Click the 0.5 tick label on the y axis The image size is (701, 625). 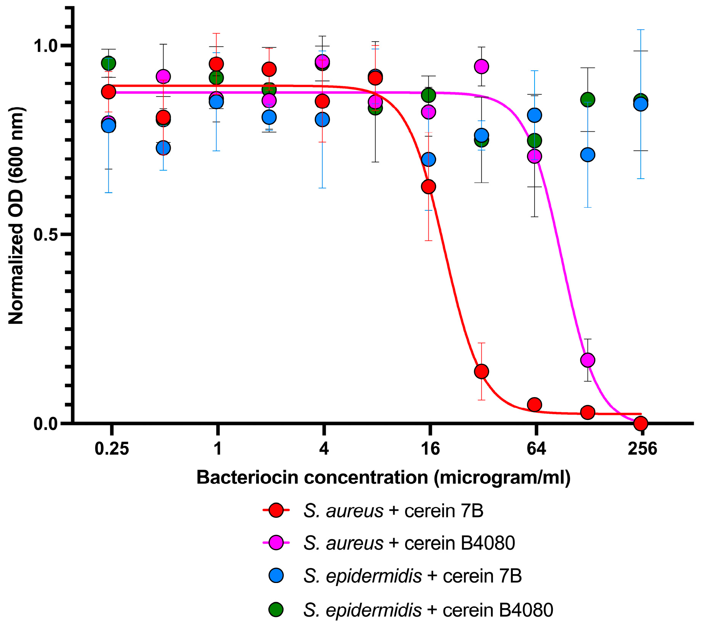(x=47, y=235)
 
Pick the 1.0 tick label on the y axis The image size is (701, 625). (x=47, y=46)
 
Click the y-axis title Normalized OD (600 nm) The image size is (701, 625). (x=16, y=216)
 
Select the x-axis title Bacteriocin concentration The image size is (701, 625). (x=383, y=478)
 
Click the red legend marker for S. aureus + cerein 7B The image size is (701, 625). (x=276, y=510)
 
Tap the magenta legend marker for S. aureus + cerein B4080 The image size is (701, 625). (x=276, y=543)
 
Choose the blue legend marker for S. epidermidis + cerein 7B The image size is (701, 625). (x=276, y=575)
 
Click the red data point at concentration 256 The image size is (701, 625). (x=640, y=423)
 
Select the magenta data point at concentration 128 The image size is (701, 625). (x=588, y=360)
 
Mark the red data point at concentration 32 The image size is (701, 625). (x=481, y=371)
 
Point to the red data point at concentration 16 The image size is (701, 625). (x=428, y=187)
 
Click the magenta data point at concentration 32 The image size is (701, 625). (x=481, y=66)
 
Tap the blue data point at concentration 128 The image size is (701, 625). (x=588, y=155)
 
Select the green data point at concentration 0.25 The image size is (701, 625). (x=109, y=63)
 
